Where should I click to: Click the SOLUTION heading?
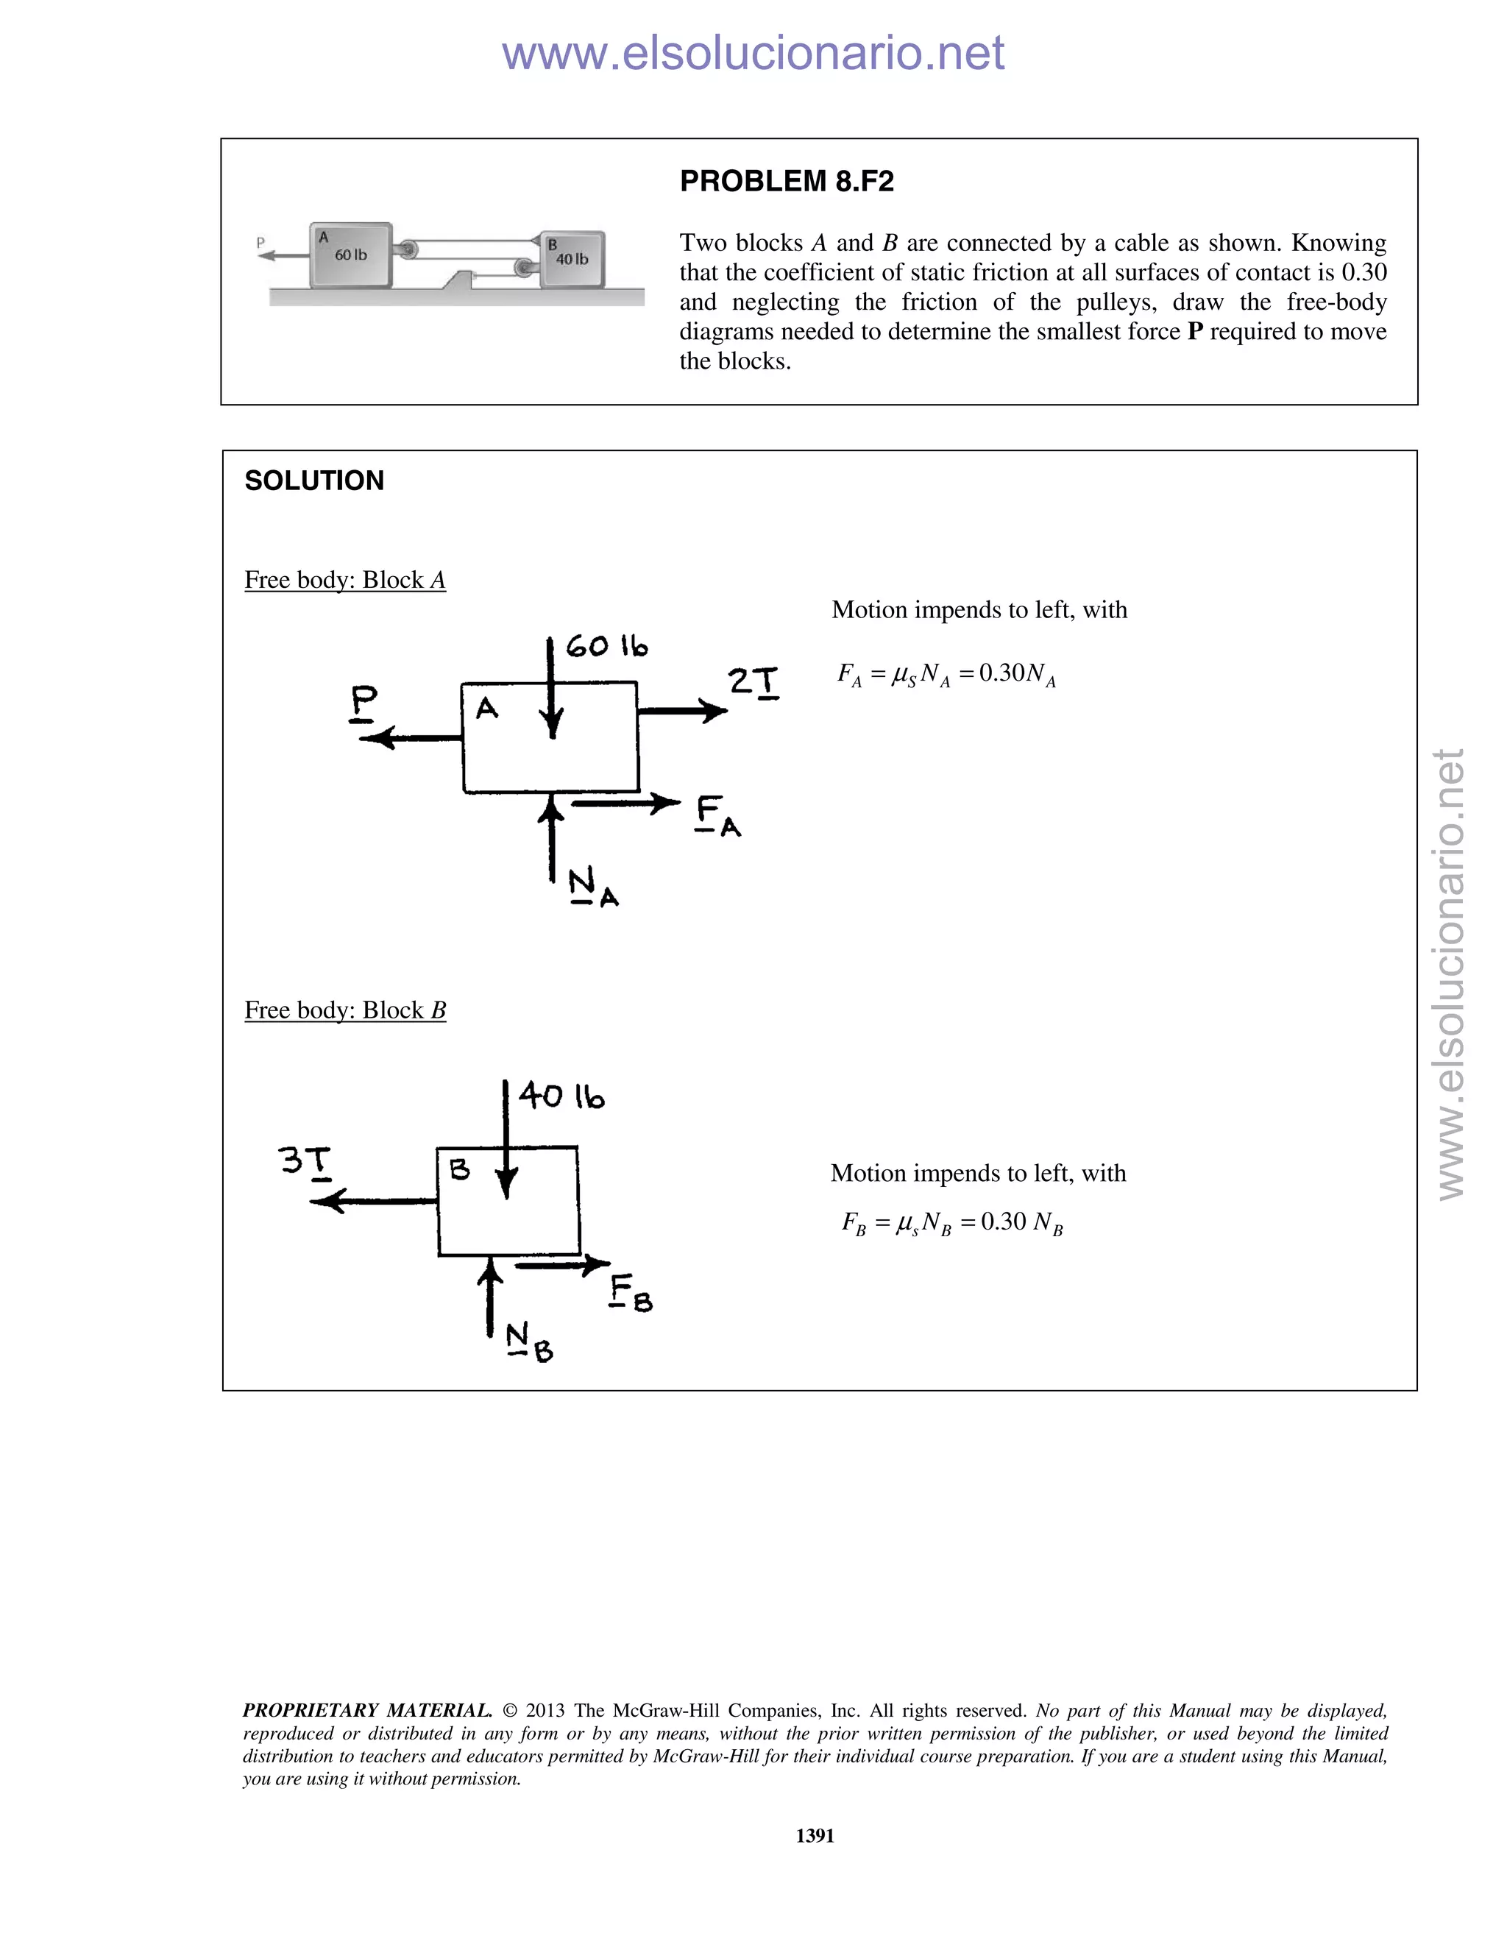click(313, 481)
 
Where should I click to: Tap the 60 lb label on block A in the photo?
click(350, 255)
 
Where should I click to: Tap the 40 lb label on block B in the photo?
click(571, 260)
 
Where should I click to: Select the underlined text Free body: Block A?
click(344, 581)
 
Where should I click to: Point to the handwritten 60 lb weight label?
click(606, 645)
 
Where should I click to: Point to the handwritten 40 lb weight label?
click(561, 1096)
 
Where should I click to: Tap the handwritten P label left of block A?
click(364, 702)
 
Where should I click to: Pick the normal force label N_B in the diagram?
click(528, 1342)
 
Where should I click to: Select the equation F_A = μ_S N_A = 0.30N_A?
click(946, 674)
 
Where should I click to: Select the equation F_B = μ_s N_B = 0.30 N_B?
click(951, 1222)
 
